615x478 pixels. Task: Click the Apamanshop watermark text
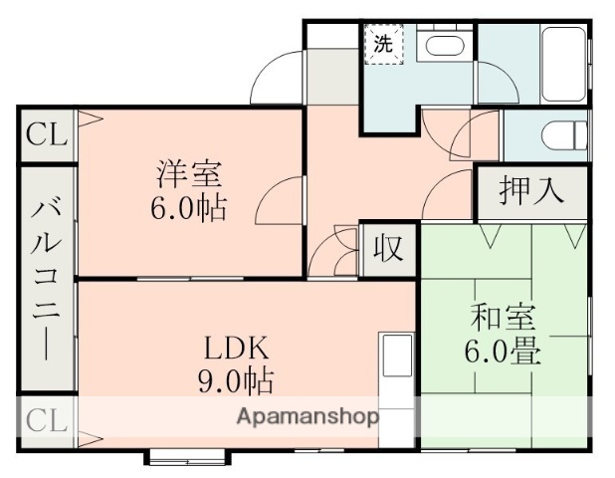coord(307,417)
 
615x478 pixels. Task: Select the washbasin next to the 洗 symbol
coord(439,46)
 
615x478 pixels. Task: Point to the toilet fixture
coord(559,133)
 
